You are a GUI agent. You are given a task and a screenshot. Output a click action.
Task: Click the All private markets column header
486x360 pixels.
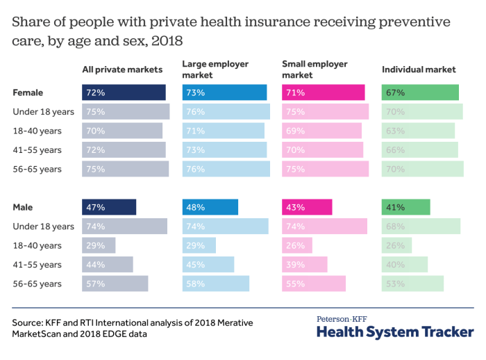pos(122,69)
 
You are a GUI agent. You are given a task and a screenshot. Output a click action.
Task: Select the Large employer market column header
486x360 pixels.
pos(215,69)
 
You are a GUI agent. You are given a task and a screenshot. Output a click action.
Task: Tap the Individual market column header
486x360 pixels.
pos(419,69)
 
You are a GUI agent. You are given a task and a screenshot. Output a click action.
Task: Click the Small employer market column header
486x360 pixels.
pos(315,69)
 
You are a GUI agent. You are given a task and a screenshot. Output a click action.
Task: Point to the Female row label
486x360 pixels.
pos(28,92)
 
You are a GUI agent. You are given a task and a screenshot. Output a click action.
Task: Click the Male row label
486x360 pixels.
pos(23,207)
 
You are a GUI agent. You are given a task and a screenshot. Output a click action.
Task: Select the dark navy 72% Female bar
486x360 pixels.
pos(124,92)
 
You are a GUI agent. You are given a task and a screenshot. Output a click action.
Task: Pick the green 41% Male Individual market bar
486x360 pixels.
pos(406,207)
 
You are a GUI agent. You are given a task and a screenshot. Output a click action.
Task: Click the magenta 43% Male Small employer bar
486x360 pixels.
pos(307,207)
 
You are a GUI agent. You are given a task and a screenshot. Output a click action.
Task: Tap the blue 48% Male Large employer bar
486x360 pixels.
pos(210,207)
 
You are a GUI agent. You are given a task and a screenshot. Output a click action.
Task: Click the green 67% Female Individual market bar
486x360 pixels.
pos(420,92)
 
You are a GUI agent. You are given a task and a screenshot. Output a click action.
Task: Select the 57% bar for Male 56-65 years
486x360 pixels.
pos(115,284)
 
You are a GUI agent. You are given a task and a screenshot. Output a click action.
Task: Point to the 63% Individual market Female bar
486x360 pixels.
pos(418,131)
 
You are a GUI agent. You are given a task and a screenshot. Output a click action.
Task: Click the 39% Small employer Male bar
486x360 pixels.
pos(304,265)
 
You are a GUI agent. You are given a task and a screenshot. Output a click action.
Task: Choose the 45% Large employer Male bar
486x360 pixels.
pos(208,265)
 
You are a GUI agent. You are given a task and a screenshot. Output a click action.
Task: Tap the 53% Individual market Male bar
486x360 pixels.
pos(412,284)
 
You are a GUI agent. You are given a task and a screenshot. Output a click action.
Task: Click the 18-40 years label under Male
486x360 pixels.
pos(37,245)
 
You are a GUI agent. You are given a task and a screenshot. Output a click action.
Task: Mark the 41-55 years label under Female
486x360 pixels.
pos(37,150)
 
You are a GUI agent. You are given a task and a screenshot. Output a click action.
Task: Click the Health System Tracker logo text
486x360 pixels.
pos(395,332)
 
